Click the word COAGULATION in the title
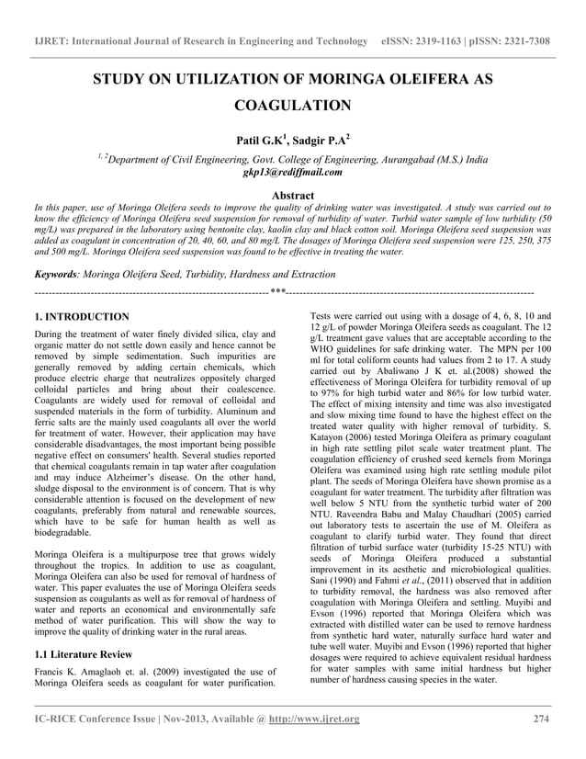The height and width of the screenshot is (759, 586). tap(293, 107)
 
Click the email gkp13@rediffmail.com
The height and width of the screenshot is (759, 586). tap(293, 172)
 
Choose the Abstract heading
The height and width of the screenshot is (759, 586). tap(293, 196)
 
